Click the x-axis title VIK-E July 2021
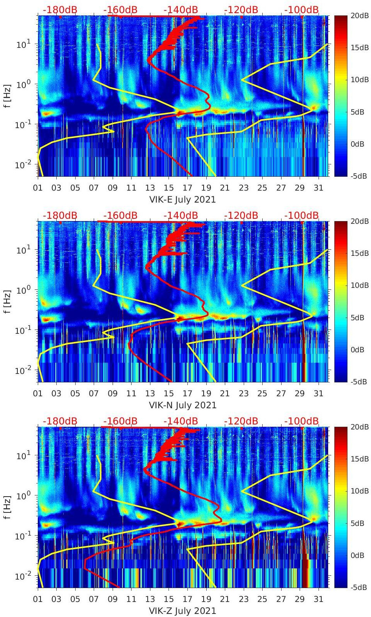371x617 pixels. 182,199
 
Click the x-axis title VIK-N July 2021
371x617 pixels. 182,405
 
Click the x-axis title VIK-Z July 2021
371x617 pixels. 182,611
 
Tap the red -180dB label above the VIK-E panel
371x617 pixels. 60,10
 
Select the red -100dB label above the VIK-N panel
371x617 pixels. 302,215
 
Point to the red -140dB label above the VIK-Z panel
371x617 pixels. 180,421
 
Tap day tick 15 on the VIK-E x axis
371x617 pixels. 169,188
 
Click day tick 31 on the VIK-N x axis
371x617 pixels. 318,394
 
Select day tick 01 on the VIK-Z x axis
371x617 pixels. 38,599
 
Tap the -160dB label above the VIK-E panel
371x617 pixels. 120,10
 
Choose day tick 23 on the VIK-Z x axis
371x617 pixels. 243,599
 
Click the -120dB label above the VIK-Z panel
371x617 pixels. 241,421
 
